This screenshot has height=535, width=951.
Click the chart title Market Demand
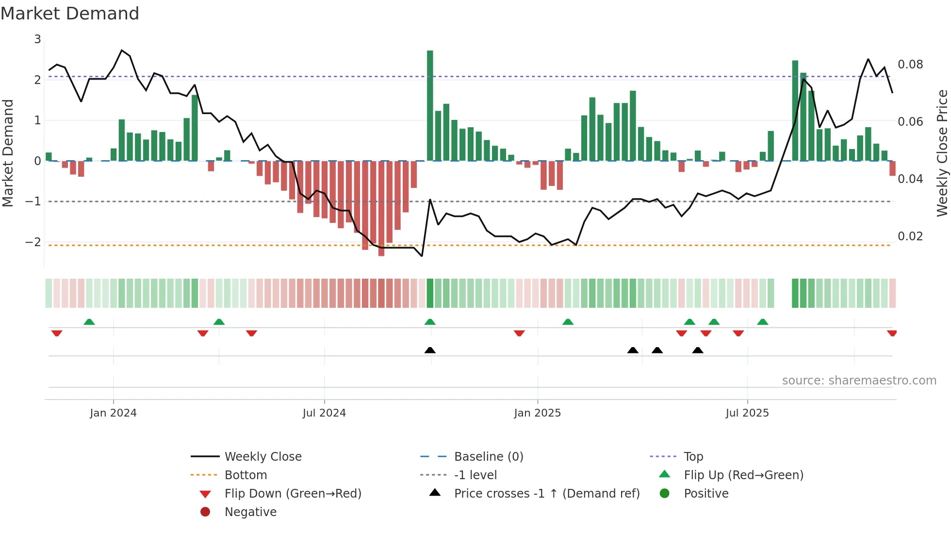(70, 14)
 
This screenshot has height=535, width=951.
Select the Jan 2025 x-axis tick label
(537, 413)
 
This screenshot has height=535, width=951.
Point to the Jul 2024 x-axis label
(324, 413)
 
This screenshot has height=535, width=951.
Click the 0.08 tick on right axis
(910, 65)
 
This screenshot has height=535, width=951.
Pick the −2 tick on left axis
(33, 242)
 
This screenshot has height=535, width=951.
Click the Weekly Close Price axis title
(942, 153)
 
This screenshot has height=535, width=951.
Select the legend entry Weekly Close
(262, 457)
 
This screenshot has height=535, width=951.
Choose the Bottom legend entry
(246, 475)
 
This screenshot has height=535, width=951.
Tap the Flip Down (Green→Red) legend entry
(293, 494)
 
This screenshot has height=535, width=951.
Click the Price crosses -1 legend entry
(546, 494)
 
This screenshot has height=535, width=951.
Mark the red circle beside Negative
(205, 512)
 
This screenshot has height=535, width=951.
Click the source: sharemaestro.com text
(859, 381)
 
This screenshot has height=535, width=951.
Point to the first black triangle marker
(430, 350)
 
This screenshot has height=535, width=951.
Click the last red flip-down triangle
(892, 333)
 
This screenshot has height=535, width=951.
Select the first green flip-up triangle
(89, 322)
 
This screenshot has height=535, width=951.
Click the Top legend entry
(693, 457)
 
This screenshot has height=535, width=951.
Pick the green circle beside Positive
(665, 494)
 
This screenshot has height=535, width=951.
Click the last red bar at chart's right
(892, 168)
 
